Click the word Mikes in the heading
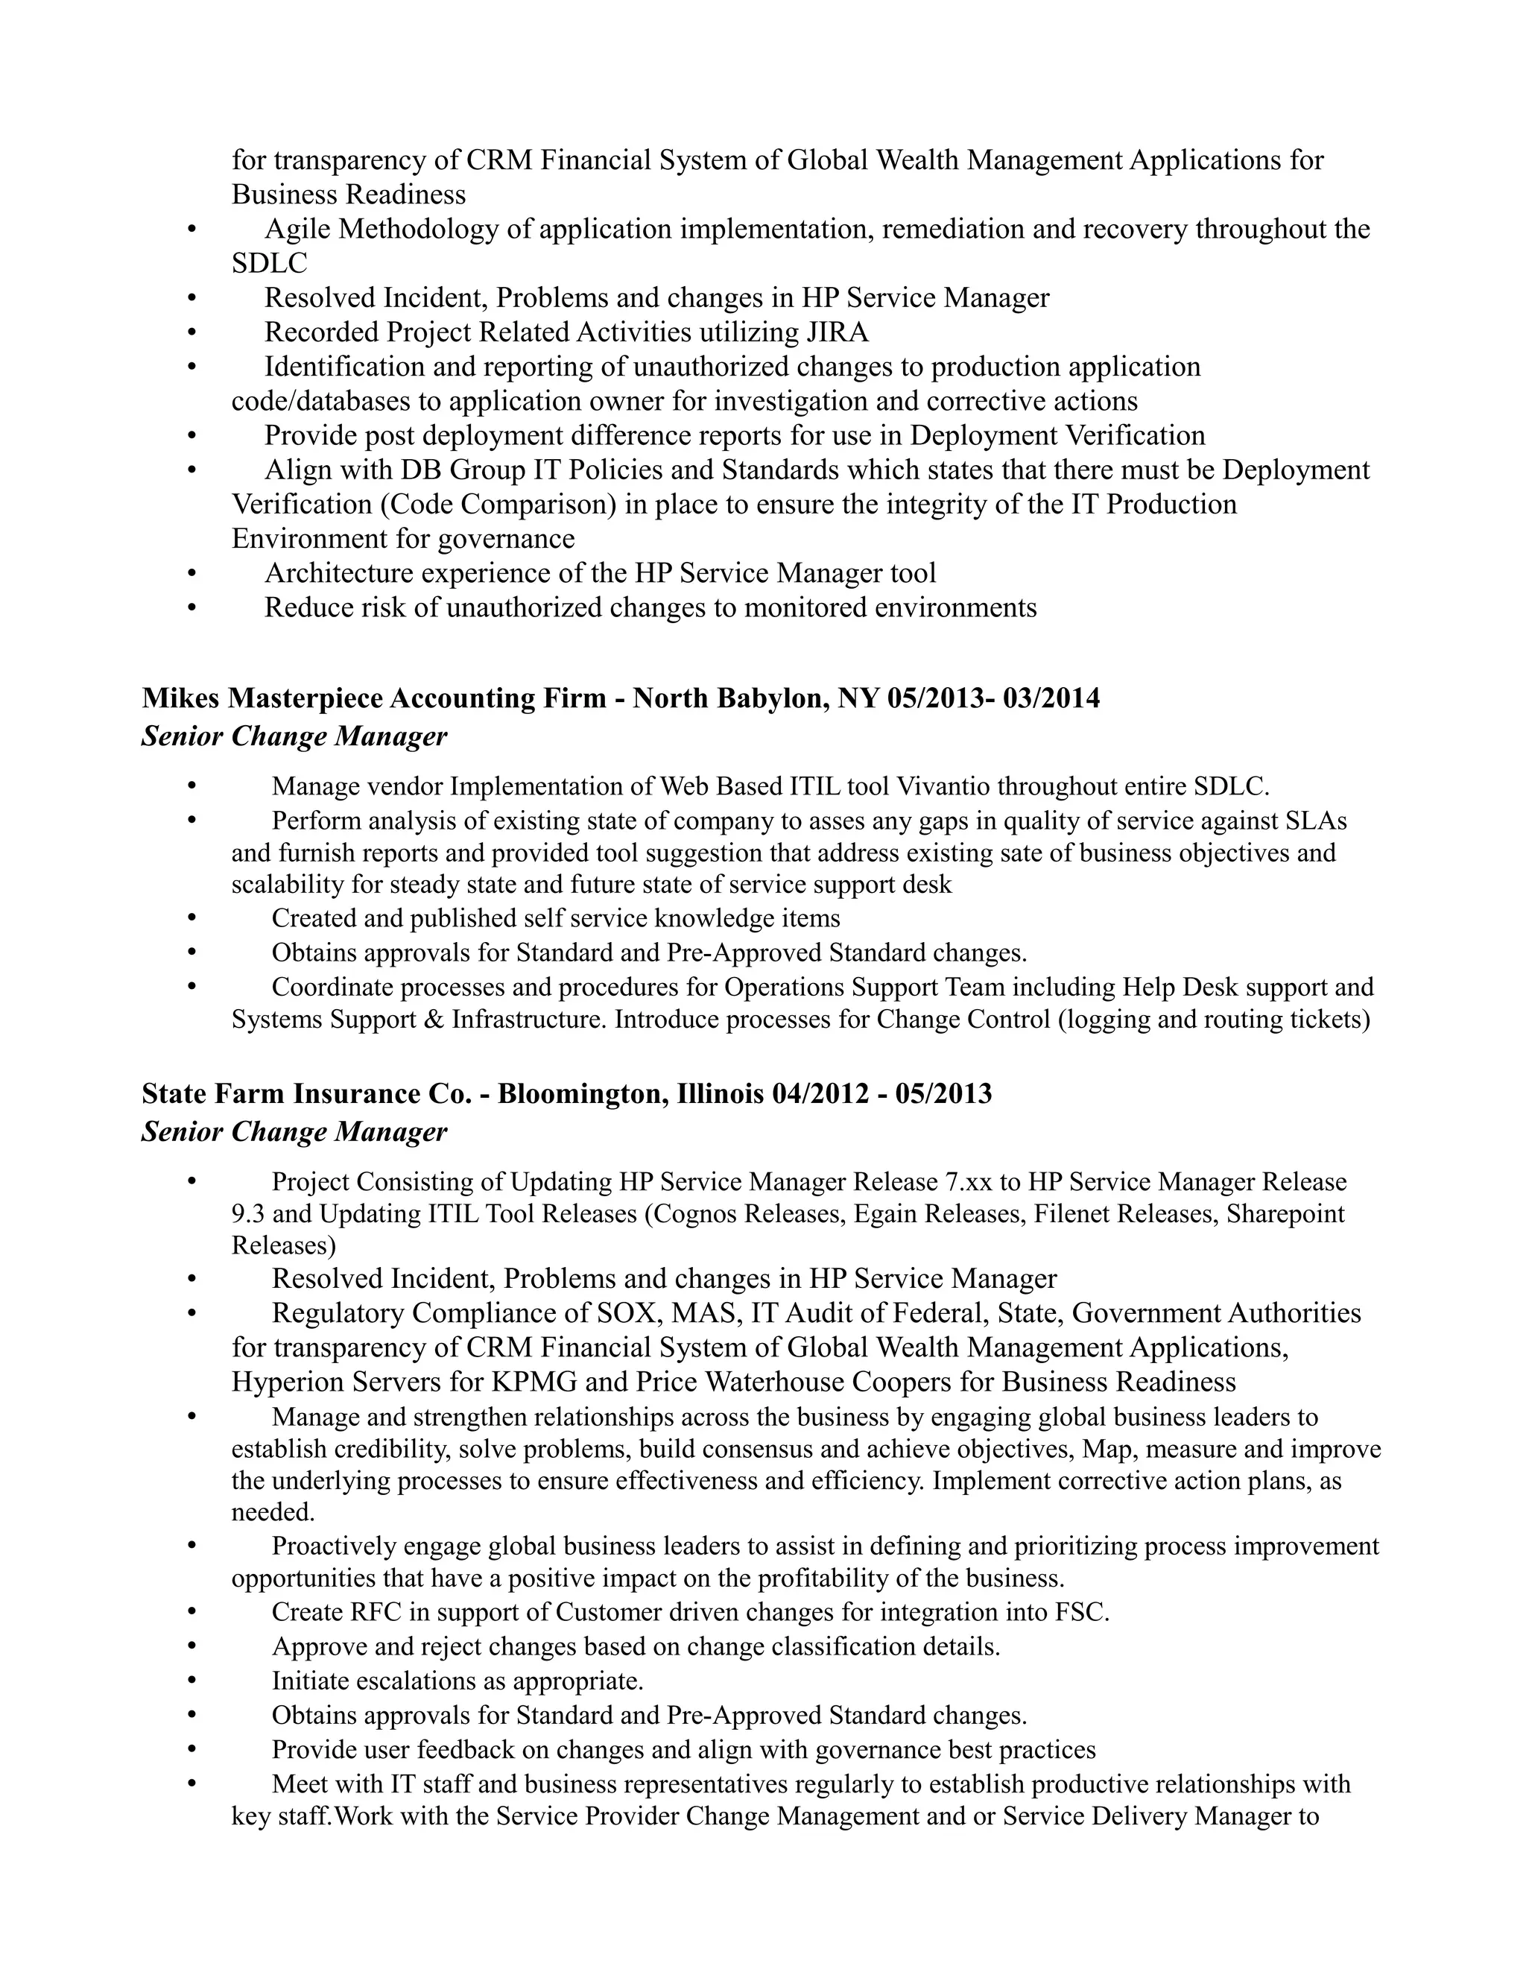coord(182,698)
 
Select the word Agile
coord(297,229)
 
